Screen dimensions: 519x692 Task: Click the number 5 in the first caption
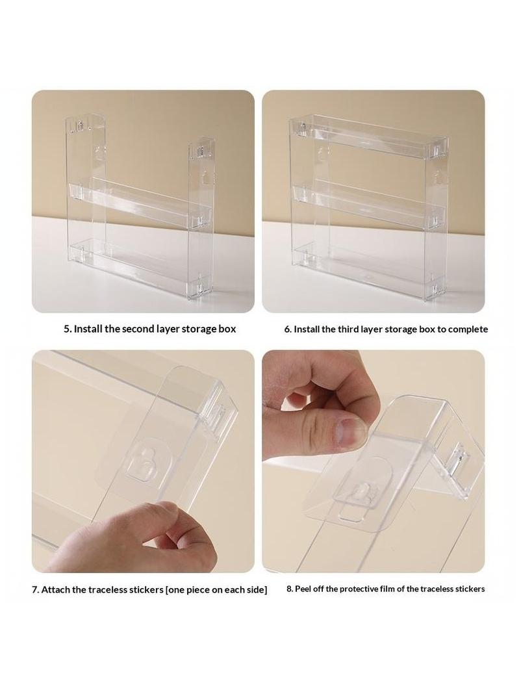[67, 329]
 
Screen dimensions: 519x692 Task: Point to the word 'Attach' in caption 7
[55, 589]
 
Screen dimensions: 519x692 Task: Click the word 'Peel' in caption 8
[303, 589]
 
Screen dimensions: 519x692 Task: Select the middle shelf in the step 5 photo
[140, 201]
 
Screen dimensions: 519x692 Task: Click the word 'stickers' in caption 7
[146, 589]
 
